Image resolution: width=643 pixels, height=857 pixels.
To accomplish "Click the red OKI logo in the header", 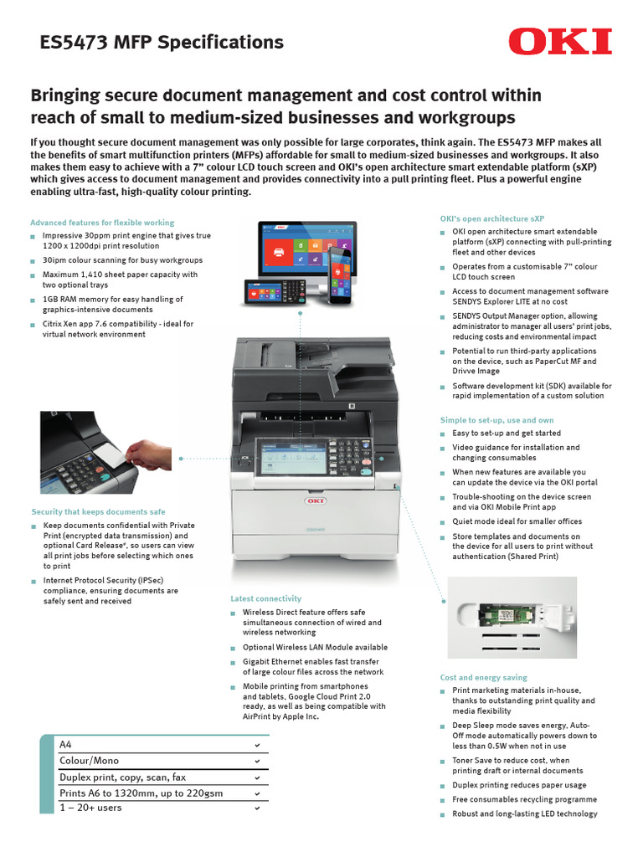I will (x=560, y=41).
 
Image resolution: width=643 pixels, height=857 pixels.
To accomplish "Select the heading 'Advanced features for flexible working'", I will (x=102, y=223).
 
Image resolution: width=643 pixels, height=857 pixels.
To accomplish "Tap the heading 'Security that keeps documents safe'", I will (x=98, y=511).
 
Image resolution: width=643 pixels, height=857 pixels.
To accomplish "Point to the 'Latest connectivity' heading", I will (x=265, y=598).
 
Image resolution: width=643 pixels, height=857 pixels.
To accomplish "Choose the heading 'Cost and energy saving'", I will (x=483, y=677).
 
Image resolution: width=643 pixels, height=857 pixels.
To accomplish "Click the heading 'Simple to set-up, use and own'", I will (x=496, y=419).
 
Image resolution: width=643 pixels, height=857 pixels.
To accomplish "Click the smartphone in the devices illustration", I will (x=340, y=275).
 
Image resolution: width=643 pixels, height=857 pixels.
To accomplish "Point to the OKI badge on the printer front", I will (x=315, y=502).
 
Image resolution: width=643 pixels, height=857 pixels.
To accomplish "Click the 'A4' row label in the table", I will (x=66, y=744).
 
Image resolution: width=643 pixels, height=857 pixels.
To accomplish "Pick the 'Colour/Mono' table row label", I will (x=89, y=760).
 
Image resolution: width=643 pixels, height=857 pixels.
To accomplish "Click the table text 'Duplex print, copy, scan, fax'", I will (x=122, y=777).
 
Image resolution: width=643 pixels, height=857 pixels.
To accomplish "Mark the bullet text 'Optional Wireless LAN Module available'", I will (x=315, y=647).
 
